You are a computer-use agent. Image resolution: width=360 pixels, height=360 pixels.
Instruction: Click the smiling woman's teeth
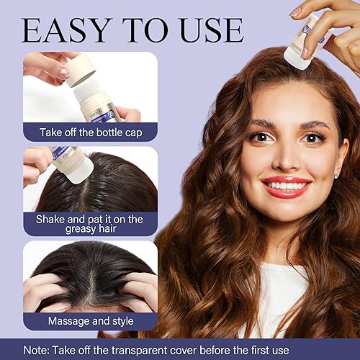(287, 185)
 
